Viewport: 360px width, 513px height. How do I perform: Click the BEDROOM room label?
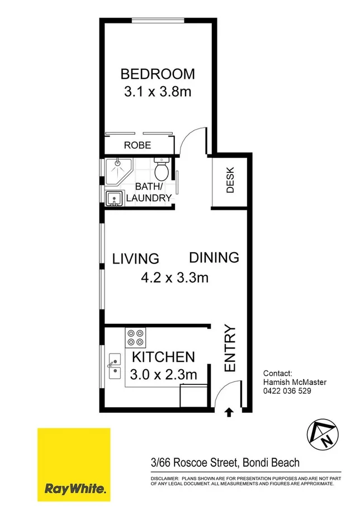coord(158,73)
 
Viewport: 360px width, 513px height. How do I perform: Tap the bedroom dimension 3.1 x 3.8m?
coord(158,91)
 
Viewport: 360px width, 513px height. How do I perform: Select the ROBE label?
coord(138,145)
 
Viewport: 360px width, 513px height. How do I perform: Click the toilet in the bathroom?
coord(162,168)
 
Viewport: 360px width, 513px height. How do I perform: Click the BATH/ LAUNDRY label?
coord(149,192)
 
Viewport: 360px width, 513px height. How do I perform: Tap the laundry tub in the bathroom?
coord(115,198)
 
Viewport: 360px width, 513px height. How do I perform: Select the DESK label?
coord(230,181)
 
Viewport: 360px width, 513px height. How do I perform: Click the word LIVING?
coord(136,258)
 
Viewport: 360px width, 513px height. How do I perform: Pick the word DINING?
coord(214,257)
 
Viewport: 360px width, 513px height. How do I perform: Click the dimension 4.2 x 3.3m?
coord(175,276)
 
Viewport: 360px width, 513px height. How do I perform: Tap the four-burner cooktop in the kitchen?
coord(135,337)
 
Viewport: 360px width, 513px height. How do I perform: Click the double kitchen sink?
coord(114,365)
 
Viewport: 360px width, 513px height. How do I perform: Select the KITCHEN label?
coord(163,356)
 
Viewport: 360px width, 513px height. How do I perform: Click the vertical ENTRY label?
coord(230,348)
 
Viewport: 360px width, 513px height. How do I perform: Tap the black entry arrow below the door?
coord(228,413)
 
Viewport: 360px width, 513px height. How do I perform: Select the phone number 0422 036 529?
coord(287,392)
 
